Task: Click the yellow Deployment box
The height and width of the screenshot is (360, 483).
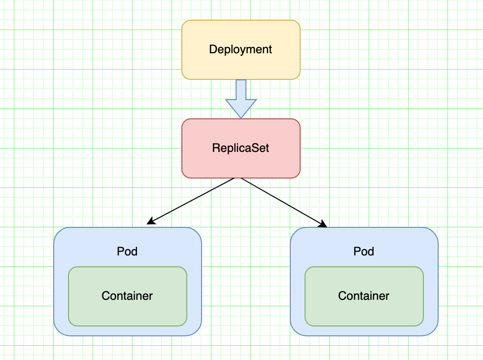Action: click(x=241, y=50)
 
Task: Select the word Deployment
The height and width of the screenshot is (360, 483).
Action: click(x=241, y=50)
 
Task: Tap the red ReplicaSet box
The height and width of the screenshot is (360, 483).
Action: click(x=241, y=148)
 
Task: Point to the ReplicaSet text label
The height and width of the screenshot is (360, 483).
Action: click(x=241, y=148)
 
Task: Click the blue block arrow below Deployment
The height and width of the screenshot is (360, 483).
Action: click(x=241, y=99)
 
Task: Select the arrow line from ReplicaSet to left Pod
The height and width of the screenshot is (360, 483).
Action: click(x=190, y=201)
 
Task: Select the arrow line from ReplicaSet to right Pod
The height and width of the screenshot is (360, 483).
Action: click(x=284, y=203)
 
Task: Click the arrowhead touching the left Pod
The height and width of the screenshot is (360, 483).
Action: click(x=151, y=221)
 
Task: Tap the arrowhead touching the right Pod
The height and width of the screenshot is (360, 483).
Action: click(x=323, y=224)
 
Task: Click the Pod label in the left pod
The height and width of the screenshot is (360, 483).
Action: click(x=127, y=252)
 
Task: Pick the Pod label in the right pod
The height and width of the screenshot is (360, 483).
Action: click(x=364, y=252)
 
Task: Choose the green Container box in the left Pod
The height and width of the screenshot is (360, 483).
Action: click(x=128, y=296)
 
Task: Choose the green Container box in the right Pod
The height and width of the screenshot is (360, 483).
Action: click(x=364, y=296)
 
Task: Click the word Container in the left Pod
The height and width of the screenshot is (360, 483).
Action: click(x=127, y=296)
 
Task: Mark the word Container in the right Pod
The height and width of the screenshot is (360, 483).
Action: click(x=364, y=296)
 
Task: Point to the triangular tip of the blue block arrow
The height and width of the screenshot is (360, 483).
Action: click(x=241, y=118)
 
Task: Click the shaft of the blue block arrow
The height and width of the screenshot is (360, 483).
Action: click(x=241, y=90)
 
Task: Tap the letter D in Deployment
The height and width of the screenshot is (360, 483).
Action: click(x=213, y=49)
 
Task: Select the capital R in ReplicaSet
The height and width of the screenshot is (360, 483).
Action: click(x=216, y=148)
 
